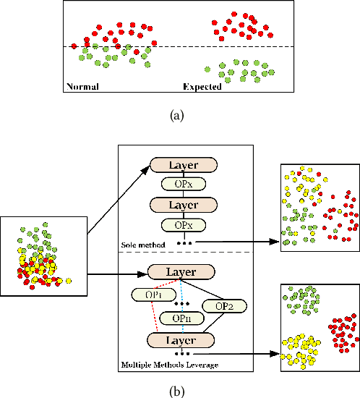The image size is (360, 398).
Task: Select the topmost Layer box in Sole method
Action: (184, 165)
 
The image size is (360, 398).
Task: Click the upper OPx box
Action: (184, 185)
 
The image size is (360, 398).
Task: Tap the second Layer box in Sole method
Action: (184, 206)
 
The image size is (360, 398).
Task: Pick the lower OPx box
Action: (184, 225)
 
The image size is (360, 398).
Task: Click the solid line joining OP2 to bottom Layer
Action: (220, 324)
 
